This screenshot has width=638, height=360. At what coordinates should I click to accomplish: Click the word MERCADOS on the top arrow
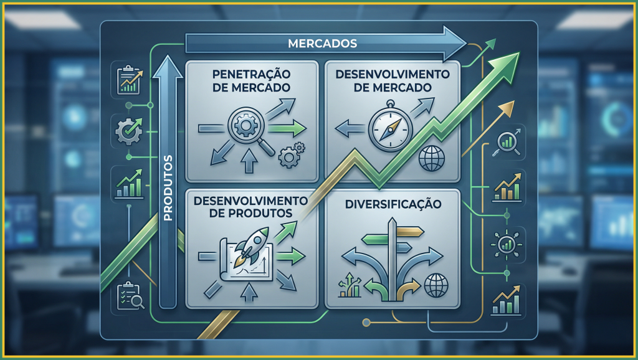click(x=322, y=44)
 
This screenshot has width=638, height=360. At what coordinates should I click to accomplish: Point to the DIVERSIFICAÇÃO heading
click(x=394, y=204)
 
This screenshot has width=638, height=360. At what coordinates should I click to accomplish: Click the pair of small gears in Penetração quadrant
click(x=290, y=155)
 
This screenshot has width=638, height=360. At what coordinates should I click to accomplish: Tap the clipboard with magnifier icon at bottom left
click(x=130, y=296)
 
